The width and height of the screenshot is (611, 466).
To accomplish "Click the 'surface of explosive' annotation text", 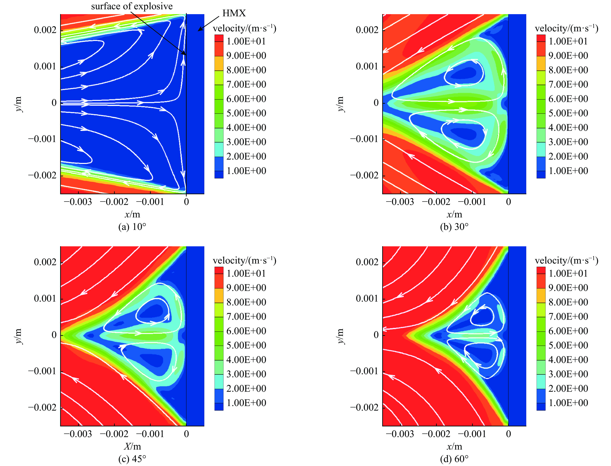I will tap(132, 6).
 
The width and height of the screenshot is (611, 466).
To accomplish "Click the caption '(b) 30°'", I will tap(454, 227).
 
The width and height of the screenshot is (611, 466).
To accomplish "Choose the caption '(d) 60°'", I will tap(454, 459).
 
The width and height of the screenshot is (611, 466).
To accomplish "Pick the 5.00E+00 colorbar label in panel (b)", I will tap(568, 113).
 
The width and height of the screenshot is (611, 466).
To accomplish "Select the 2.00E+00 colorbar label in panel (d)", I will tap(568, 388).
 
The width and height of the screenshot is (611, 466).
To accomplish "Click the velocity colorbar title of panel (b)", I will tap(566, 28).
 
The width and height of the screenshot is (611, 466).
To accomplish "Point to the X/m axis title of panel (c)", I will tap(132, 446).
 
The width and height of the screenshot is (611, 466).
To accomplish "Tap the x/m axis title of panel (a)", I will tap(132, 214).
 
